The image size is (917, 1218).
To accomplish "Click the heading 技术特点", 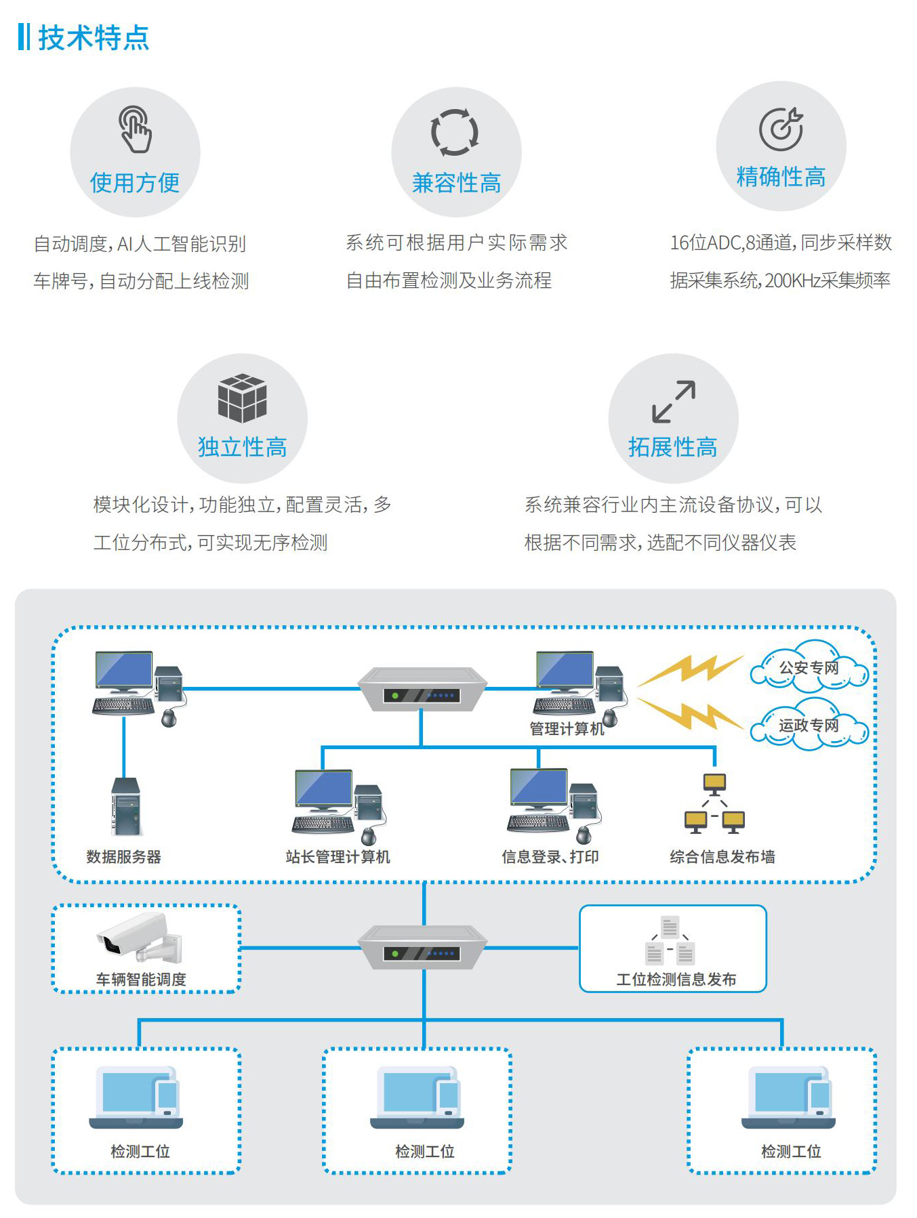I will tap(93, 37).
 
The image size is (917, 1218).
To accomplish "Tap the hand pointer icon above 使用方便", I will tap(136, 129).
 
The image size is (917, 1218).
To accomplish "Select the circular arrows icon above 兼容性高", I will tap(455, 132).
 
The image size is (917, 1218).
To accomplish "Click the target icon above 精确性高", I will tap(781, 129).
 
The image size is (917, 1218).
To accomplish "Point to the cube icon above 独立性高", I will tap(242, 398).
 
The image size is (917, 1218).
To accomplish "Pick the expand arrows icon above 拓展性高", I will tap(673, 401).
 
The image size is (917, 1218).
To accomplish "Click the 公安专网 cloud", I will tap(809, 667).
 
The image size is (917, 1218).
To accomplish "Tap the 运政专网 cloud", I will tap(809, 726).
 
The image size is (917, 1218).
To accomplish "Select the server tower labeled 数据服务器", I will tap(126, 807).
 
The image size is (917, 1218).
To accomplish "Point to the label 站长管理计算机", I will tap(338, 857).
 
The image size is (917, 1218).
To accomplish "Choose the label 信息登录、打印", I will tap(550, 857).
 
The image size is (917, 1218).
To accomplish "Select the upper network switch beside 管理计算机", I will tap(422, 689).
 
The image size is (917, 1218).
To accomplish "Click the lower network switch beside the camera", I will tap(422, 948).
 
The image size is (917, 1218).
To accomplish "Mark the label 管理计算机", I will tap(567, 729).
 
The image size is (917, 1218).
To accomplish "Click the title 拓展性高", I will tap(672, 447).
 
